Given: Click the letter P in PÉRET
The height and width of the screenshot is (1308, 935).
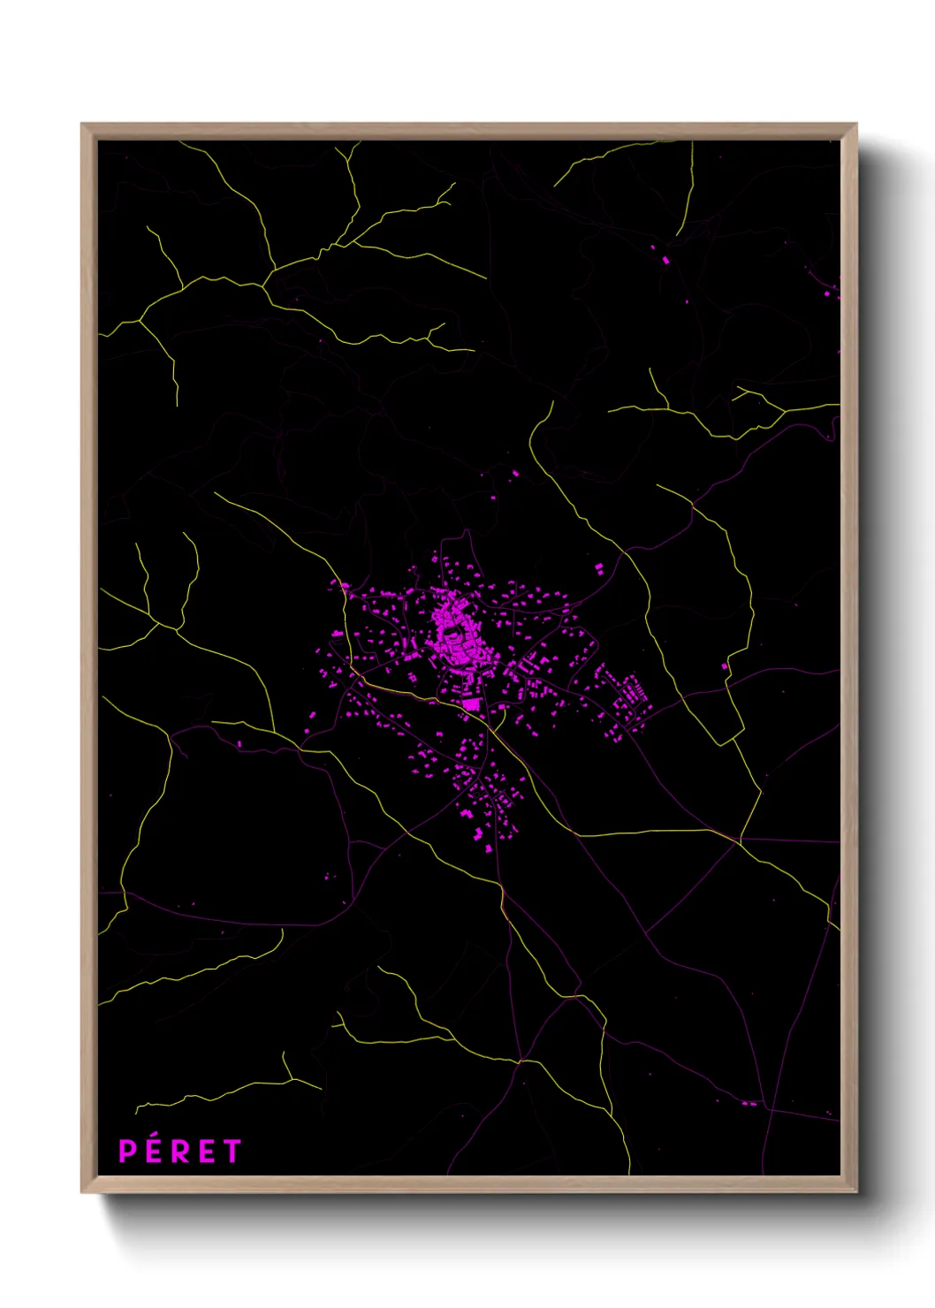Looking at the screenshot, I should [128, 1152].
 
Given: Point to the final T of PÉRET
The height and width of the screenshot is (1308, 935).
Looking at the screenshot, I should [232, 1152].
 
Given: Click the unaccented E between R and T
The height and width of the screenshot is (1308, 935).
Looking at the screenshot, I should [206, 1152].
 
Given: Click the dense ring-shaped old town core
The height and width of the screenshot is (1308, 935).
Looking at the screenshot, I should [455, 632].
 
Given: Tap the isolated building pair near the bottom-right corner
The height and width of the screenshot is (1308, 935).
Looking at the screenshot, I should [749, 1103].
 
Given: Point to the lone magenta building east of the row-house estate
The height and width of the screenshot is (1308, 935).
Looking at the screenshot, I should [725, 665].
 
